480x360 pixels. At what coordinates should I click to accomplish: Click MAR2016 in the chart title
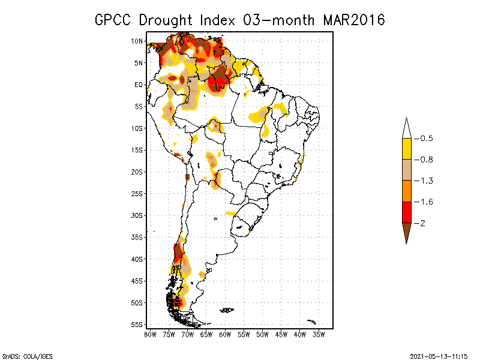click(x=353, y=20)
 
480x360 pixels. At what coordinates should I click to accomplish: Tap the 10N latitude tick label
click(x=137, y=41)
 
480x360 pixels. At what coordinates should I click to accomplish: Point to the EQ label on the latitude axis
click(x=138, y=85)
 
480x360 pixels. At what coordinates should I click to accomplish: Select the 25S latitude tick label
click(x=137, y=193)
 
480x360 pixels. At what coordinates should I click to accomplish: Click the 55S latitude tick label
click(x=137, y=324)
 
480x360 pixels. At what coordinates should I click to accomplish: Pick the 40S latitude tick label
click(x=137, y=259)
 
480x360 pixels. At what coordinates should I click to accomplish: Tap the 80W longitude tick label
click(x=150, y=334)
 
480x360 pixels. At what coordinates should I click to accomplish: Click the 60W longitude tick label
click(x=225, y=334)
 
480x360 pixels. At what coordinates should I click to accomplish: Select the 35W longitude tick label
click(x=319, y=334)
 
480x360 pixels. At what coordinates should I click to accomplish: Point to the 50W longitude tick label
click(x=262, y=334)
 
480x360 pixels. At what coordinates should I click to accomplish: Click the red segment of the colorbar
click(x=406, y=212)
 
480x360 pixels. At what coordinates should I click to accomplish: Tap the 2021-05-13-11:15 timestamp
click(x=439, y=355)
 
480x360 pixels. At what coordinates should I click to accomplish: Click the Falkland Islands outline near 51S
click(x=227, y=310)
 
